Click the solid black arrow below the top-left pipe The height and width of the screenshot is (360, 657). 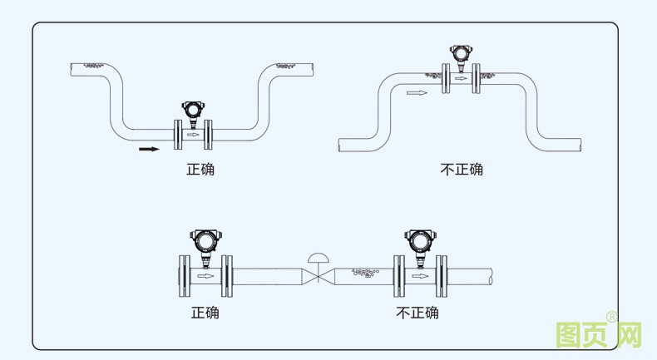coord(149,150)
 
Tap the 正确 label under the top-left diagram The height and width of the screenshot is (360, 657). coord(200,170)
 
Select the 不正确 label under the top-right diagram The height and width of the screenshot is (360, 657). coord(461,170)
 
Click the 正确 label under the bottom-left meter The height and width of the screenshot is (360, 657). coord(205,313)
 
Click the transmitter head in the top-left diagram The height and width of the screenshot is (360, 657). coord(192,109)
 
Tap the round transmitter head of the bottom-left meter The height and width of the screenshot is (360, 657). coord(204,241)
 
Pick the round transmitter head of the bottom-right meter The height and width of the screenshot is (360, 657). coord(417,241)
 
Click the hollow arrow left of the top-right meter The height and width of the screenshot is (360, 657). coord(417,92)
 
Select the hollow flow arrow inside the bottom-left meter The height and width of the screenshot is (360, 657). coord(205,275)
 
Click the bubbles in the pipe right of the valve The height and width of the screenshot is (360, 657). coord(366,273)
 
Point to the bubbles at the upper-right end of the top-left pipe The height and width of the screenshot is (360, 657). coord(287,64)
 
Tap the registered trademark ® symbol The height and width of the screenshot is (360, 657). coord(611,317)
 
